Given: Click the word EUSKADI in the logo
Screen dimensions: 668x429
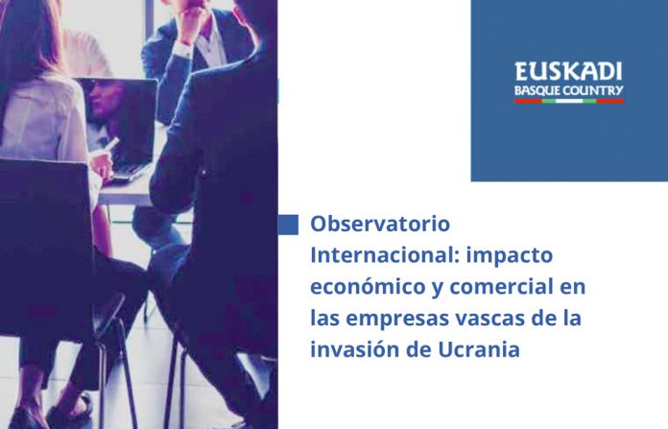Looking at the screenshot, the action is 568,71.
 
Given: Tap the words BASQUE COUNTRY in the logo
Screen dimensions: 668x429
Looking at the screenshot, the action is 569,91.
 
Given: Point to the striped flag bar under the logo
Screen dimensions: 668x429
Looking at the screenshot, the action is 569,101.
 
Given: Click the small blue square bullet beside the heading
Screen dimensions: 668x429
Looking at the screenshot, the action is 288,225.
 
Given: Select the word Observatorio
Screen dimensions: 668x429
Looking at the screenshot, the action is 380,224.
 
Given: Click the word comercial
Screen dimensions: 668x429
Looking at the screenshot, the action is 501,286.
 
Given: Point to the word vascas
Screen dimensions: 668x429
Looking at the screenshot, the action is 482,319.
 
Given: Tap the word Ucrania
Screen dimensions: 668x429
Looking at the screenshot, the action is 479,349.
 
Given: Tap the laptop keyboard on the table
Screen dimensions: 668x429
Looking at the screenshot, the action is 125,173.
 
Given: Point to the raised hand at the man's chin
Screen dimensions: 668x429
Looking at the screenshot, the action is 190,21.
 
